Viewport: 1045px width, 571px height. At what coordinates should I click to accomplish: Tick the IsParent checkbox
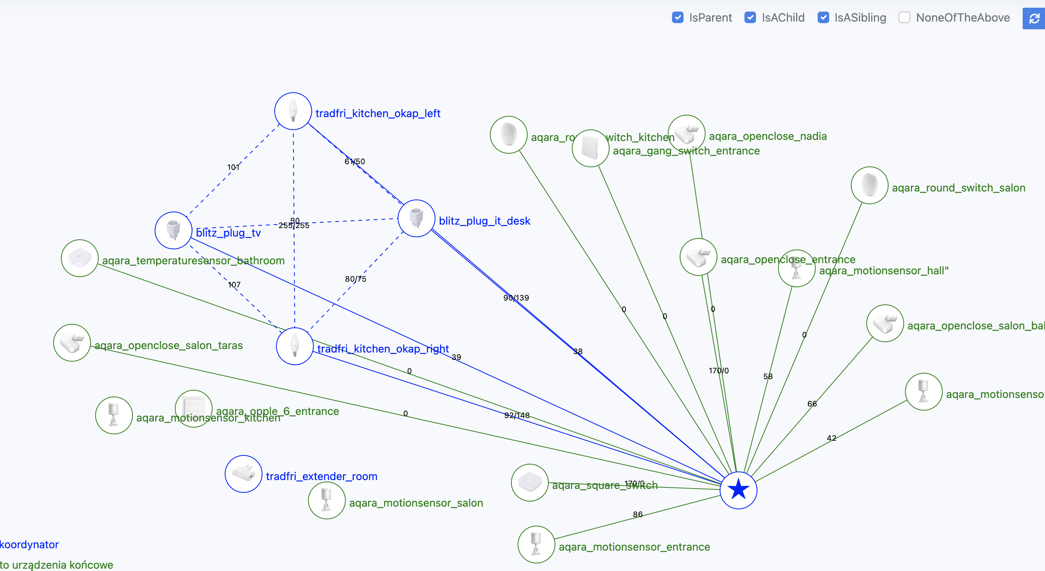(x=677, y=17)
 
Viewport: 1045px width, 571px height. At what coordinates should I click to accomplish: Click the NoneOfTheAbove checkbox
(x=904, y=17)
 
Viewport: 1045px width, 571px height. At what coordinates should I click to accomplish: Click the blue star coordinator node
(x=738, y=489)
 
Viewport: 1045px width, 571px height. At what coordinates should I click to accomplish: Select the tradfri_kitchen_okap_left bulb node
(x=293, y=111)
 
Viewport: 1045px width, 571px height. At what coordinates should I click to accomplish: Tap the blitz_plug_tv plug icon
(x=173, y=230)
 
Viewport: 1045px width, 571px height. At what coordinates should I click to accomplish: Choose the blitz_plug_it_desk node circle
(x=416, y=218)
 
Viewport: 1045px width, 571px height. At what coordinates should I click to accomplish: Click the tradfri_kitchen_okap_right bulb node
(x=294, y=346)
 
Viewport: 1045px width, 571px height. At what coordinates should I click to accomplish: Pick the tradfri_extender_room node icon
(x=244, y=474)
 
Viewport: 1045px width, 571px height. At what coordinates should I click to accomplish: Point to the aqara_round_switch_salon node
(x=869, y=185)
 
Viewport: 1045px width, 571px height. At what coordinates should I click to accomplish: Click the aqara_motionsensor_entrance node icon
(x=536, y=544)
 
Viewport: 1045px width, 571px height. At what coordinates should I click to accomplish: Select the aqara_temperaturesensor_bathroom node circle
(x=79, y=258)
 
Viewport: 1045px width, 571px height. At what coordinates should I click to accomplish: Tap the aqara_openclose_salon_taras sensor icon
(x=72, y=343)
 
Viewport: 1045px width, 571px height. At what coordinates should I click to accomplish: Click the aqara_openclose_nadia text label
(x=768, y=136)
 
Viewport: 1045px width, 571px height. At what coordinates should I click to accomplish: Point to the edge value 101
(x=233, y=167)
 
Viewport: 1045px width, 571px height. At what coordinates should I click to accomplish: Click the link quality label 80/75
(x=355, y=279)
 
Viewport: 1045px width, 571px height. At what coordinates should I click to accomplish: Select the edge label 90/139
(x=516, y=298)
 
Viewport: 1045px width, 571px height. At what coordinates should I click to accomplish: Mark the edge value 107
(x=234, y=285)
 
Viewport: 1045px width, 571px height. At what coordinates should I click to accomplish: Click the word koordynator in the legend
(x=29, y=544)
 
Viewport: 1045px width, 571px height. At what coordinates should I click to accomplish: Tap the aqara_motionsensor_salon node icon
(x=327, y=500)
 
